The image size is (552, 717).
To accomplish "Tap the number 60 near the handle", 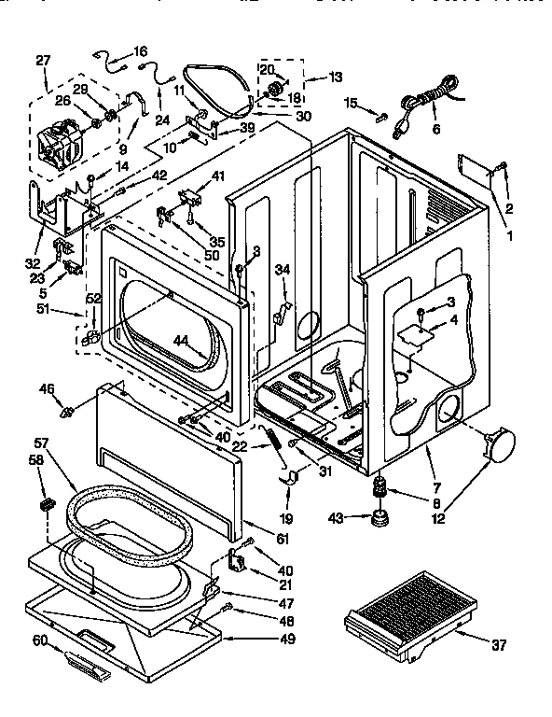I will (x=40, y=640).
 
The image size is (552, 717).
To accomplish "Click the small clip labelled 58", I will (x=43, y=505).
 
